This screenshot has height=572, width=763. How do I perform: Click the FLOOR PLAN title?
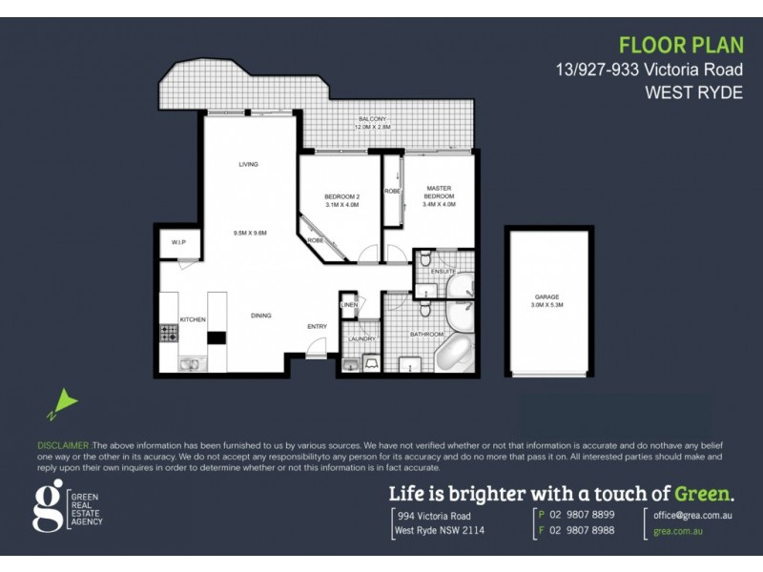click(x=680, y=45)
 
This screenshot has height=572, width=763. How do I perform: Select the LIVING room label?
click(x=249, y=165)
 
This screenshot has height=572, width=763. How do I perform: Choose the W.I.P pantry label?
click(x=178, y=242)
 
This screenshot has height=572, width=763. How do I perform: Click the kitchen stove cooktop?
click(x=169, y=334)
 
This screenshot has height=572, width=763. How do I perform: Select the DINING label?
click(x=261, y=316)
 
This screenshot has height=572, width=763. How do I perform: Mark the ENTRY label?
click(x=317, y=327)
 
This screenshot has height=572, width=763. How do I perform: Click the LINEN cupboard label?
click(x=349, y=305)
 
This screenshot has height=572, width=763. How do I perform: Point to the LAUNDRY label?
click(x=361, y=338)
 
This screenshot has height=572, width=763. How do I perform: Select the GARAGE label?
click(x=547, y=297)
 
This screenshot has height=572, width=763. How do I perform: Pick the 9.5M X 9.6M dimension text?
click(x=249, y=233)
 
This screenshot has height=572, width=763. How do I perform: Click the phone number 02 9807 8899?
click(x=584, y=514)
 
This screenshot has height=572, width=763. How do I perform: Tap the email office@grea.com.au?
click(x=692, y=514)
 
